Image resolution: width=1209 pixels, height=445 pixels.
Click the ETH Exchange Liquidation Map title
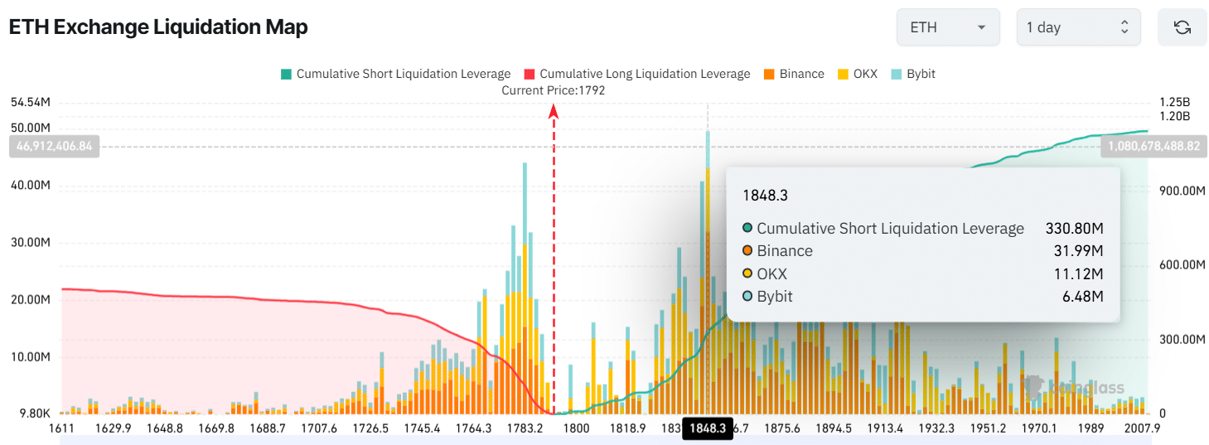158,27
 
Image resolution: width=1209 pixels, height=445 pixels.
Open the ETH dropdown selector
948,27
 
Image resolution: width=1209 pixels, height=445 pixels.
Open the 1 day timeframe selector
1078,27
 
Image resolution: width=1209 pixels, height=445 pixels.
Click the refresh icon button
1182,27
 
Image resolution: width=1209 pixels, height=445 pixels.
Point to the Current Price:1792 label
554,90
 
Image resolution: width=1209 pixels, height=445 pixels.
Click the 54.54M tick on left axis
31,103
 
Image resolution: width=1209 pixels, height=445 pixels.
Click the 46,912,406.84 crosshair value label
54,147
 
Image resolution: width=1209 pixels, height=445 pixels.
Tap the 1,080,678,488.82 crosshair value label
1152,147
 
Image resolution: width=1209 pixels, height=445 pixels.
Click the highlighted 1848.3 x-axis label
707,428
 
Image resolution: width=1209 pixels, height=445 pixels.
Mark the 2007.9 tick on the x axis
1142,428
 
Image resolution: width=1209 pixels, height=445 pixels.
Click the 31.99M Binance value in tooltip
1084,251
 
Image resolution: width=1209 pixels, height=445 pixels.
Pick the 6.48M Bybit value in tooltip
1087,296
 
